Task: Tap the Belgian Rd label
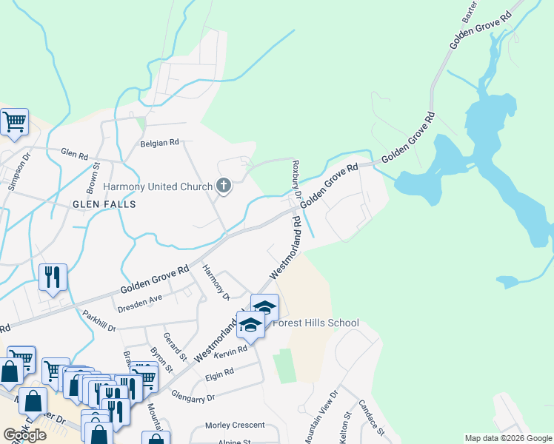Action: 160,143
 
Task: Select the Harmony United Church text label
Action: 158,187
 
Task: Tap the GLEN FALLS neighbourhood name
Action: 104,203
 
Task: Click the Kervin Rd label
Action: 230,354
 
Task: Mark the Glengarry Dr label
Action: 193,397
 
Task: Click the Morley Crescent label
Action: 235,425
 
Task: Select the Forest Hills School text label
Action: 316,323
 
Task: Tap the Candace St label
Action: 371,417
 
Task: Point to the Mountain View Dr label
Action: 330,415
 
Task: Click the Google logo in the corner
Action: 24,434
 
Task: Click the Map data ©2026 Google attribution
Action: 508,438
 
